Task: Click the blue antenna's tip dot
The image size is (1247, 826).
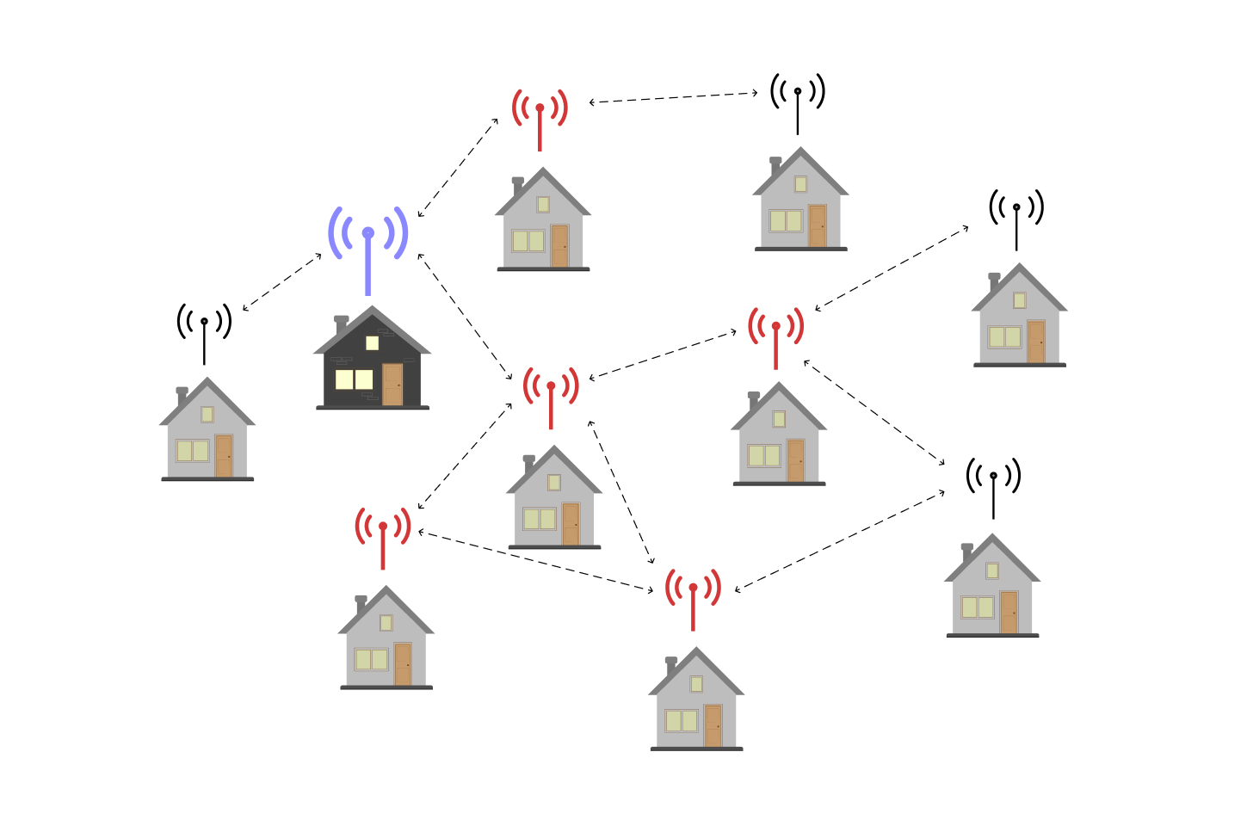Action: [x=368, y=232]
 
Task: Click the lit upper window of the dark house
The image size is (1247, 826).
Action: [x=372, y=342]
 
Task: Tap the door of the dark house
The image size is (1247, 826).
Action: [x=392, y=384]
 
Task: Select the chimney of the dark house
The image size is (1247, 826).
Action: [x=342, y=325]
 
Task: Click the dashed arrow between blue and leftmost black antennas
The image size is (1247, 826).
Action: [x=282, y=282]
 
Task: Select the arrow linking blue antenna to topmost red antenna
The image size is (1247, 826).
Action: [x=458, y=168]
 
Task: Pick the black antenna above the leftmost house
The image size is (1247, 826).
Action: [x=204, y=331]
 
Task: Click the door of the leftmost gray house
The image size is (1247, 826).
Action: [x=224, y=455]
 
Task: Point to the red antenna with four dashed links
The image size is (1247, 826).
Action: [x=551, y=396]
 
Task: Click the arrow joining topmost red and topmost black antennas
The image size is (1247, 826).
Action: [x=673, y=97]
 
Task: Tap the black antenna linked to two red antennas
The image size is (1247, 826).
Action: [x=993, y=486]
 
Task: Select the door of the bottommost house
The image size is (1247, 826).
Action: [x=713, y=725]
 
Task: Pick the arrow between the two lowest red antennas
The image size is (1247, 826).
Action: [x=535, y=561]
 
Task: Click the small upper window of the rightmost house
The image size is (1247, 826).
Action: [x=1020, y=300]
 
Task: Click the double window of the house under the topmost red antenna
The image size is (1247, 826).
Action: [x=528, y=240]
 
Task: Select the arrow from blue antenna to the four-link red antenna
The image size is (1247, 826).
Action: [x=465, y=317]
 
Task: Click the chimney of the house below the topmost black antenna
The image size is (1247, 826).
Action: [x=775, y=166]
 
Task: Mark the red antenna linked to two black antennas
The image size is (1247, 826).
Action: [x=775, y=336]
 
